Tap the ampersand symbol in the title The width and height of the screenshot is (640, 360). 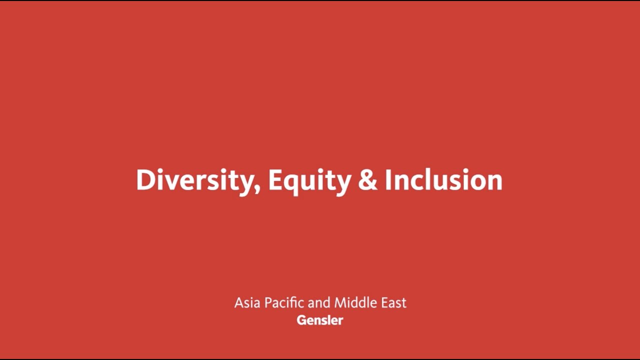(367, 180)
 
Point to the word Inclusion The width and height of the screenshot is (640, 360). (443, 180)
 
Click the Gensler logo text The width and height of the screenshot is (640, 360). (320, 320)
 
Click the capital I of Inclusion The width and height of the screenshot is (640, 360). (388, 180)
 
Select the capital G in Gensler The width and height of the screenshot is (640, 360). (301, 320)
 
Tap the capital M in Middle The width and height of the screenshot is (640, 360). (340, 302)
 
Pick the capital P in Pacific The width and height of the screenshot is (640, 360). (267, 302)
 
